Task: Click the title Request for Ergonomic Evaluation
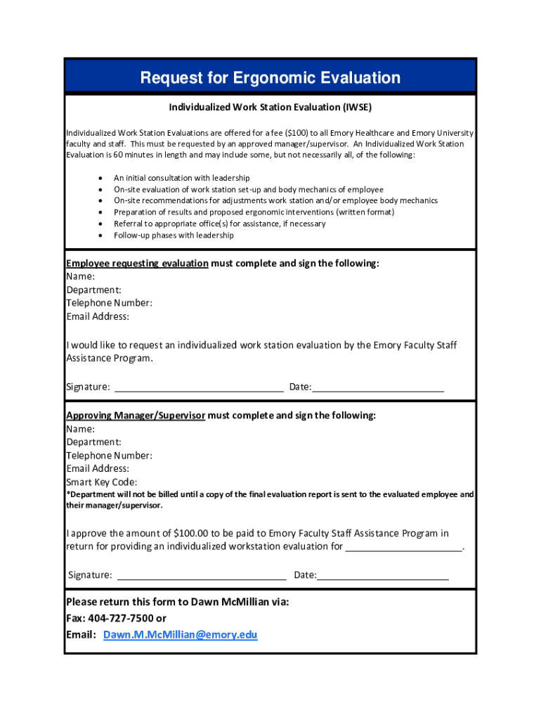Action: click(x=270, y=78)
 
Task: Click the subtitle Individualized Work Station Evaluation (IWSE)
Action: click(x=270, y=108)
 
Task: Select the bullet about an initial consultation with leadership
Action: click(x=181, y=178)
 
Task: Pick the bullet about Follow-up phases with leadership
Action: click(x=174, y=235)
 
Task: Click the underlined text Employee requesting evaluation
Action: click(x=137, y=263)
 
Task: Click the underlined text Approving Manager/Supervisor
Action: click(x=136, y=416)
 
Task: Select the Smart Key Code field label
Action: click(x=101, y=482)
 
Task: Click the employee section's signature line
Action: click(x=199, y=387)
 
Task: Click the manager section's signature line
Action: click(x=201, y=575)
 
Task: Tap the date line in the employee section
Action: click(x=378, y=387)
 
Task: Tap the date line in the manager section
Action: click(x=383, y=575)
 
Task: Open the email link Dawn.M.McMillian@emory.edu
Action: click(x=180, y=635)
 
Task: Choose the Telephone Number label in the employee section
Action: click(x=109, y=303)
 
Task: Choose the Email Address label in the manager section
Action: click(x=98, y=469)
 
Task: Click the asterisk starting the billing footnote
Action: click(x=68, y=494)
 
